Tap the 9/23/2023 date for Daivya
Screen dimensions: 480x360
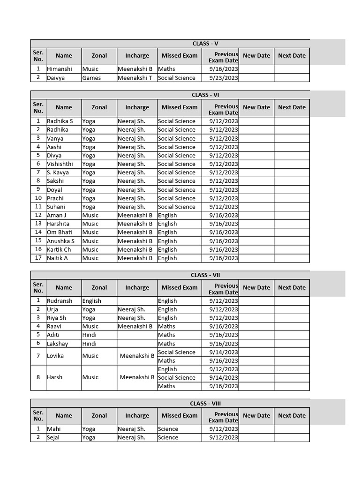coord(224,78)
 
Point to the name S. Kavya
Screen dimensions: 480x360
coord(58,172)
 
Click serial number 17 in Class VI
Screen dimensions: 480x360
coord(38,258)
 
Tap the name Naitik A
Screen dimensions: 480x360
coord(57,258)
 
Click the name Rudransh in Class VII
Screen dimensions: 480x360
coord(60,301)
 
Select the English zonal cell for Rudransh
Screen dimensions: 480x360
coord(91,301)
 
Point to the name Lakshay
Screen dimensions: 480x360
coord(57,344)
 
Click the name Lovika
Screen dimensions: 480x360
coord(55,356)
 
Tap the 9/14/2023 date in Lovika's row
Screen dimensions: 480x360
coord(224,352)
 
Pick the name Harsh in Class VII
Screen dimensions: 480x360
coord(54,377)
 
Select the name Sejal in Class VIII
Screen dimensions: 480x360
coord(54,437)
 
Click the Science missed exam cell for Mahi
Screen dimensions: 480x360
coord(168,429)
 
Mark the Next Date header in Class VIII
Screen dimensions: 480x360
coord(292,415)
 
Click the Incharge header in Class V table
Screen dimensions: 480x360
coord(137,56)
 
